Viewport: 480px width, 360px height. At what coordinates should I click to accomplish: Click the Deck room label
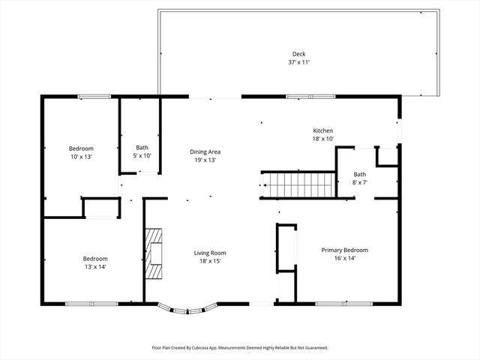coord(299,54)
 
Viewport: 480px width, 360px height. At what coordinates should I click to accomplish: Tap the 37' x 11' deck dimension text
coord(299,62)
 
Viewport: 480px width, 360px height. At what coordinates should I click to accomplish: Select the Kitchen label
coord(322,130)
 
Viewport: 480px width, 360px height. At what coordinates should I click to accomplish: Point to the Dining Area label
coord(205,151)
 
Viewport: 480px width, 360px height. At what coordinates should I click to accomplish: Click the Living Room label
coord(210,253)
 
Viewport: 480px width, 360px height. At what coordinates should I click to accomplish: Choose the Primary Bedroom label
coord(344,250)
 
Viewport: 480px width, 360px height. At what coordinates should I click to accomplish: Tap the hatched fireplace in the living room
coord(154,253)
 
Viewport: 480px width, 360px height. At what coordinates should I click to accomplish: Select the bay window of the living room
coord(187,307)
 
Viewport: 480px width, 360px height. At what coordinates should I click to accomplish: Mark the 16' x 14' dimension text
coord(344,258)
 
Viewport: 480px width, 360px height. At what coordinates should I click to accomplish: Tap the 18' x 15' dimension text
coord(210,261)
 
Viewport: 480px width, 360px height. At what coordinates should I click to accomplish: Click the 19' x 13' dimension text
coord(205,160)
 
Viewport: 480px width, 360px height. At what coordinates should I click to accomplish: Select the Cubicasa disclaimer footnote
coord(240,348)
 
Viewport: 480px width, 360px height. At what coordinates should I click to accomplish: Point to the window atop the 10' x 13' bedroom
coord(94,96)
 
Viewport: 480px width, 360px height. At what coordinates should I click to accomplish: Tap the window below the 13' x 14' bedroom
coord(89,303)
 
